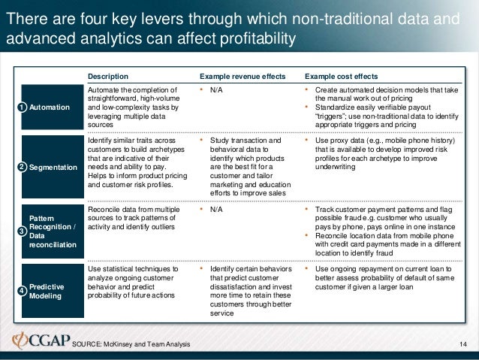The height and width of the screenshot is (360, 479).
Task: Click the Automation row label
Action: coord(51,108)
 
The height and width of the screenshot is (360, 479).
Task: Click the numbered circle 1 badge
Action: coord(23,108)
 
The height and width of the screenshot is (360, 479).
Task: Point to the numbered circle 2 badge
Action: coord(23,167)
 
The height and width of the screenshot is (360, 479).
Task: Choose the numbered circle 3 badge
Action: coord(23,229)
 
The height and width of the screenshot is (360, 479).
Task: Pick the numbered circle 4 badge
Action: coord(23,291)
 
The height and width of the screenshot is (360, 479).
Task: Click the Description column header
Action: coord(108,76)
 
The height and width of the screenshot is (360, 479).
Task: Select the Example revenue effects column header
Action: coord(242,76)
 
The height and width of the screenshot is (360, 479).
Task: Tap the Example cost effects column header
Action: coord(342,76)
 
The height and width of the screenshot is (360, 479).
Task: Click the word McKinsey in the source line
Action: coord(125,344)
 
